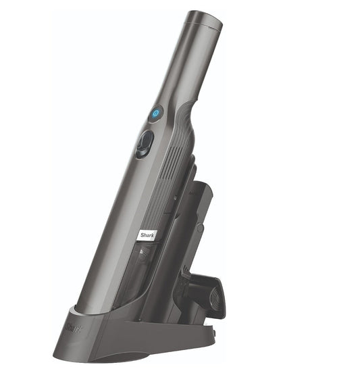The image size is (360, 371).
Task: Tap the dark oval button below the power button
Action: [x=144, y=143]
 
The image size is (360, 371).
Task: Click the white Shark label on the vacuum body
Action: [x=148, y=234]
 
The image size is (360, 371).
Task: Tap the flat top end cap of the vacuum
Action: [x=205, y=22]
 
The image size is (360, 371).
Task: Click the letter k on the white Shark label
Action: [x=155, y=232]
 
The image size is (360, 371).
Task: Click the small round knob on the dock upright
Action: [x=201, y=228]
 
